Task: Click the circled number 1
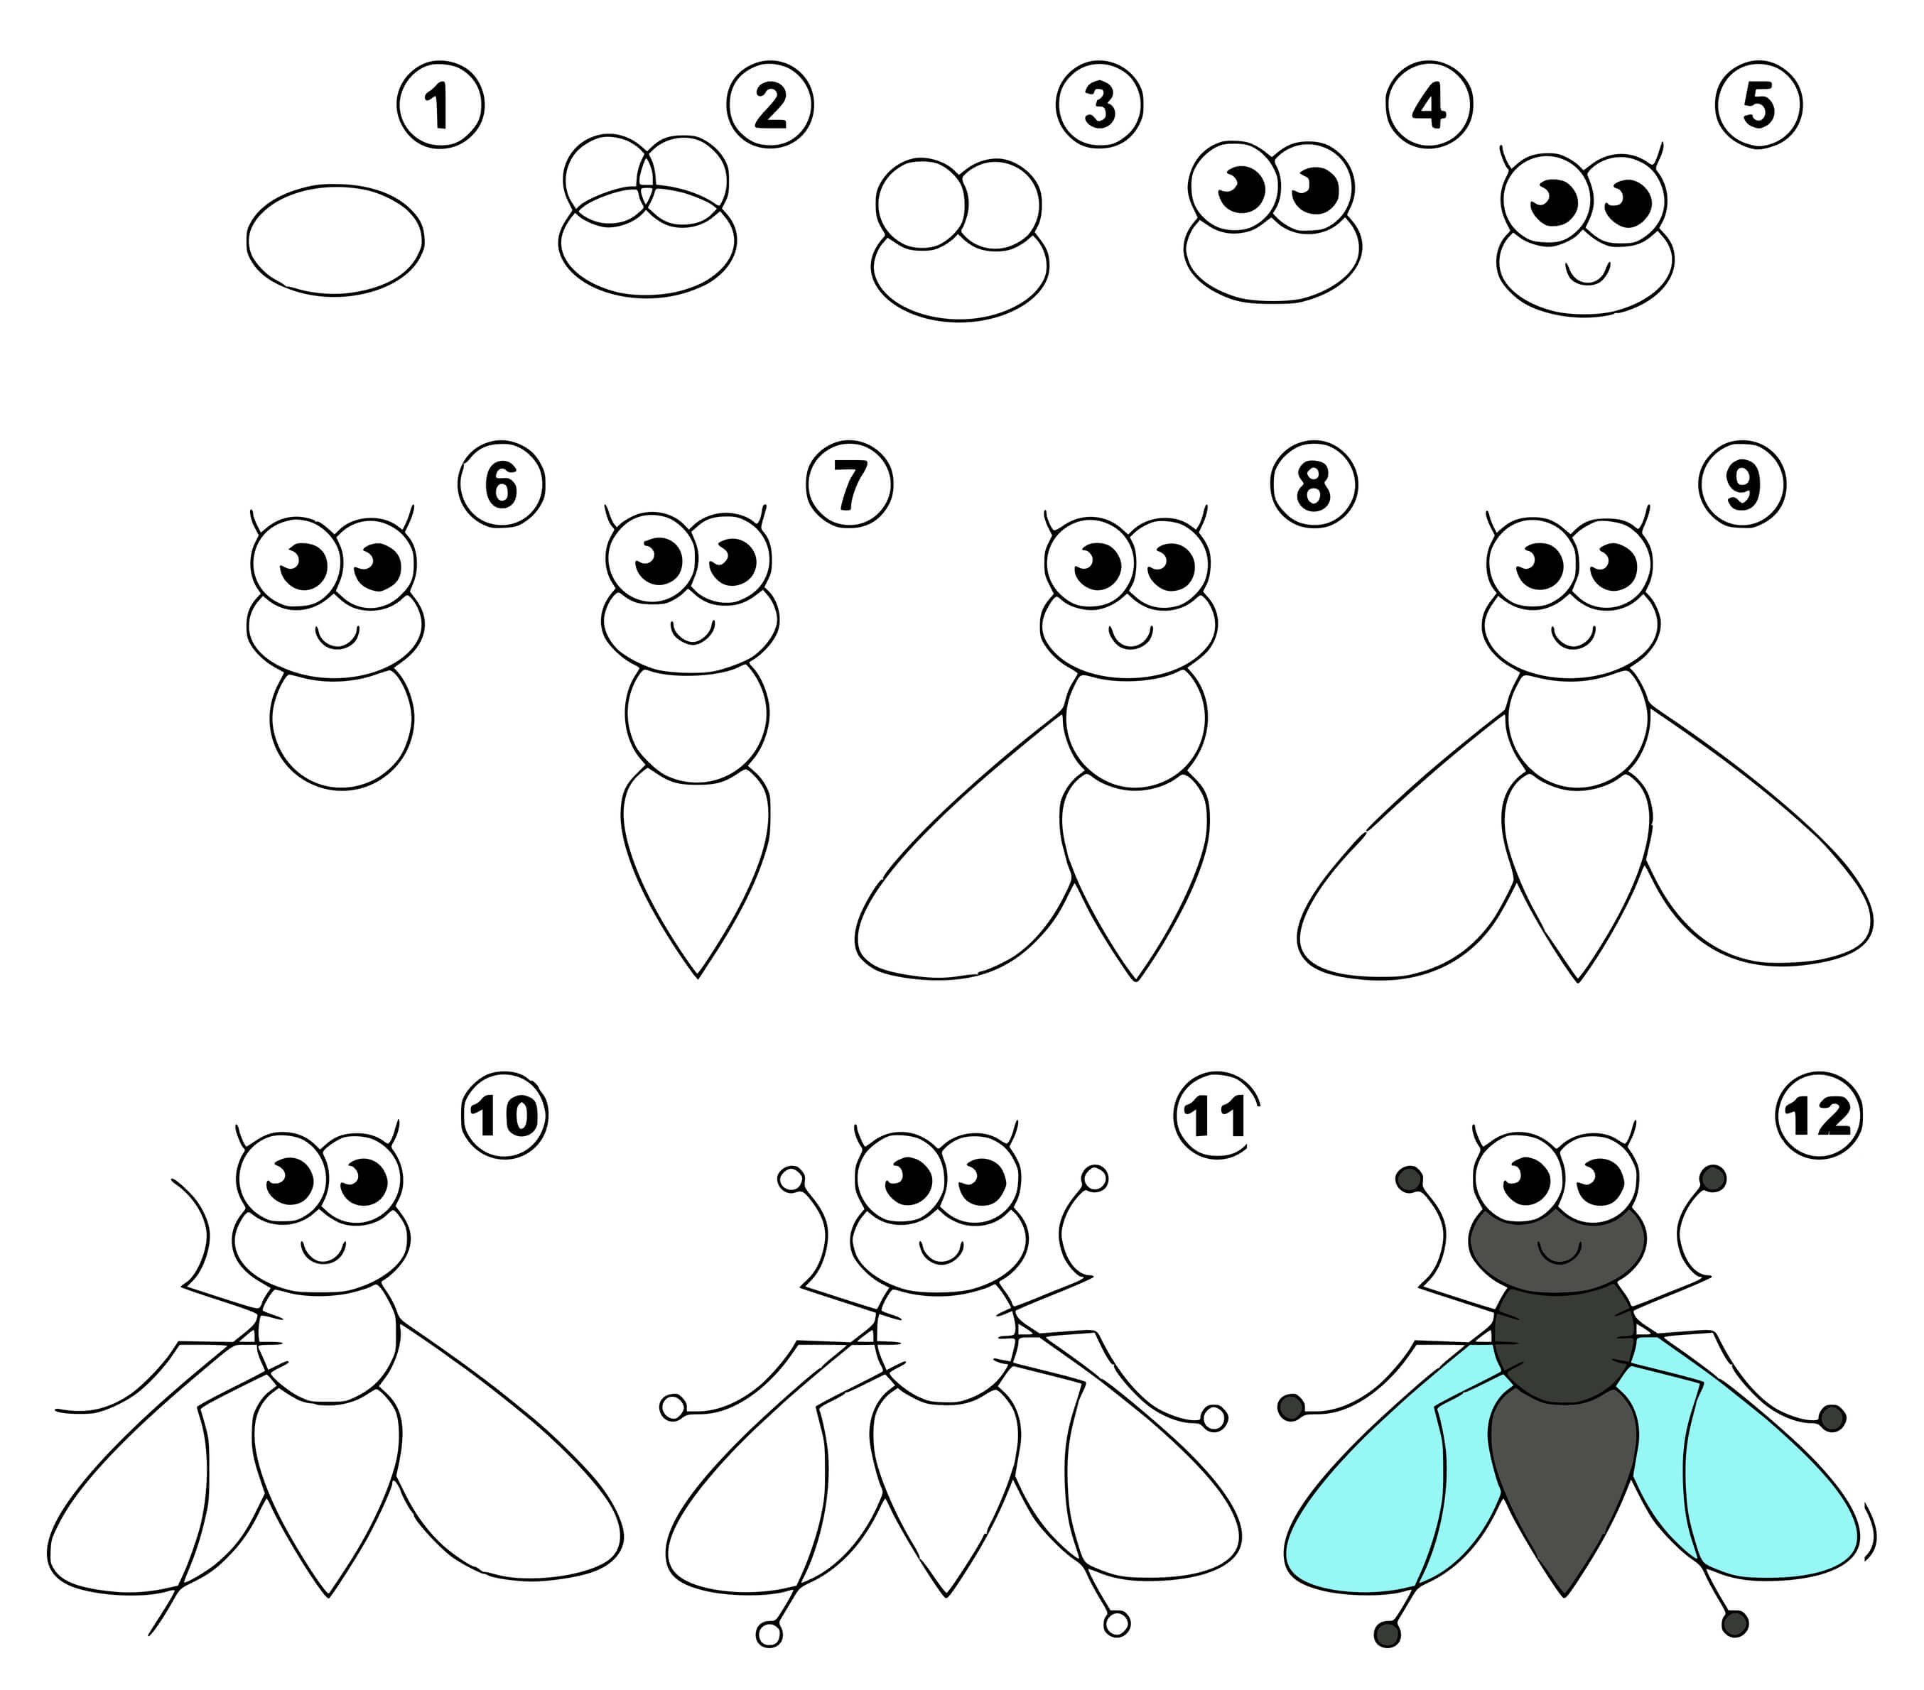[x=441, y=105]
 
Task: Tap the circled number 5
[x=1758, y=105]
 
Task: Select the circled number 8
[x=1313, y=486]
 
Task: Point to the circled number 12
[x=1817, y=1117]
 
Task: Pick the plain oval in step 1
[x=335, y=240]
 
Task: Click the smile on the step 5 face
[x=1588, y=272]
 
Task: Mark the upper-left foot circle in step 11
[x=791, y=1178]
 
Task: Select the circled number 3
[x=1098, y=105]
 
